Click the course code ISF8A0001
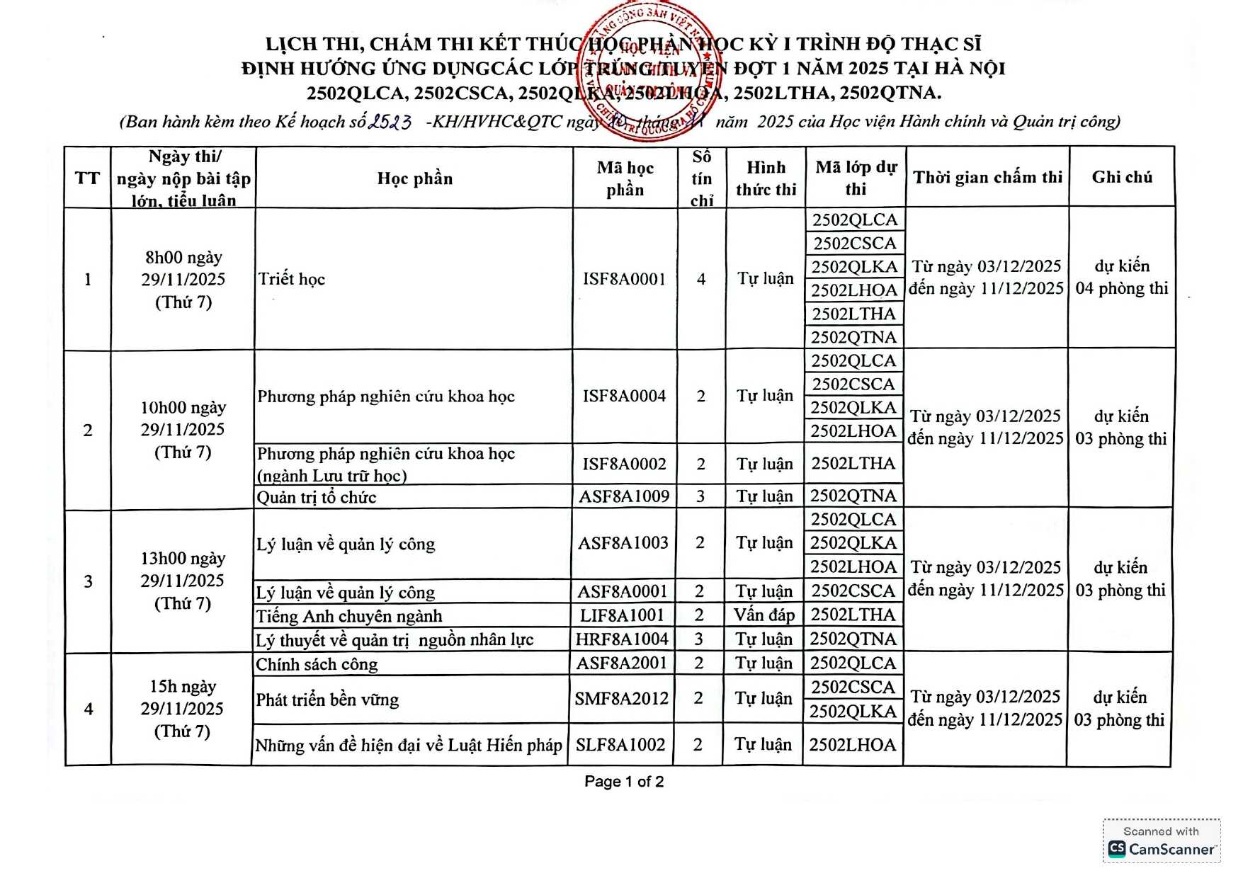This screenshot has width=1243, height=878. [624, 279]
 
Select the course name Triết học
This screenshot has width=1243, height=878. [291, 279]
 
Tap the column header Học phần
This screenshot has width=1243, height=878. [414, 178]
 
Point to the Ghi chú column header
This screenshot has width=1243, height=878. [1122, 177]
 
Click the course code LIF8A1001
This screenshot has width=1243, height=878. [622, 615]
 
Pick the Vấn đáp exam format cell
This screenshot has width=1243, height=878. [764, 615]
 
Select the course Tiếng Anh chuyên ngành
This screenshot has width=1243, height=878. [349, 616]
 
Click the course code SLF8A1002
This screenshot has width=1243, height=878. [620, 745]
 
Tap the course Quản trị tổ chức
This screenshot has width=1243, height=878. [317, 497]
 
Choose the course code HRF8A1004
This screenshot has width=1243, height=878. [622, 639]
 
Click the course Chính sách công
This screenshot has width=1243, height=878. [317, 664]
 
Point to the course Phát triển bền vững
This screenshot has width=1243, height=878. [327, 700]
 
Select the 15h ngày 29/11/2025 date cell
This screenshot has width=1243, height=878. [182, 709]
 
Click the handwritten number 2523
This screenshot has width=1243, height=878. [390, 122]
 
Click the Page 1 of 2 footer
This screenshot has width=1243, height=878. [624, 782]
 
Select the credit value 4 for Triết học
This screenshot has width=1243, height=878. [701, 279]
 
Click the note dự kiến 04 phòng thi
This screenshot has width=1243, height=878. [1122, 277]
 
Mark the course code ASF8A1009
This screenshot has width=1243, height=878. [624, 496]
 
